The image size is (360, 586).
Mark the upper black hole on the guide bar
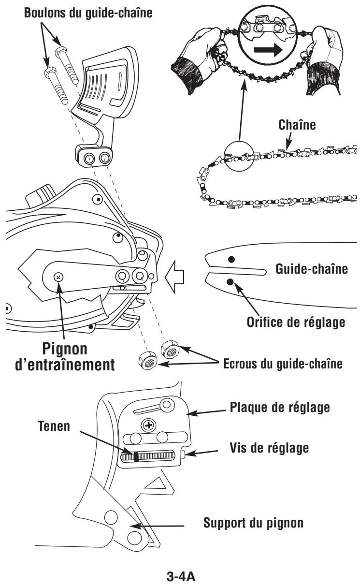tap(231, 259)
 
